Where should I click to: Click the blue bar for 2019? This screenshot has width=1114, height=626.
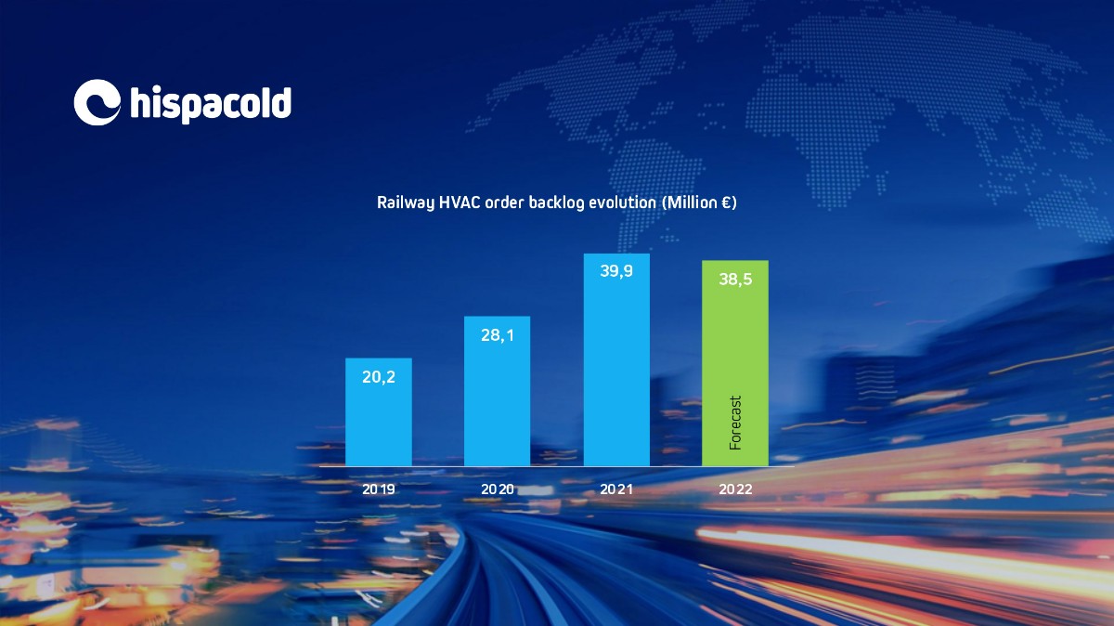click(x=379, y=412)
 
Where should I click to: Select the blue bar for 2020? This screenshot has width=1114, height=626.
click(x=497, y=391)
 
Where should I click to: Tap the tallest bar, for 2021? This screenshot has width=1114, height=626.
click(x=616, y=359)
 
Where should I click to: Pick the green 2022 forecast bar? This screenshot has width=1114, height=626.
click(x=735, y=363)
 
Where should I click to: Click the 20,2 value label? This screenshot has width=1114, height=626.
click(x=379, y=377)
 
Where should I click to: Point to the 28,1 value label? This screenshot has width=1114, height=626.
click(x=498, y=335)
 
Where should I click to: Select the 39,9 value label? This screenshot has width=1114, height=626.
click(x=616, y=271)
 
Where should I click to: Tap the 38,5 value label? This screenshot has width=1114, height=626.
click(x=735, y=280)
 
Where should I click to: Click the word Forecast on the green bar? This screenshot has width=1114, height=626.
click(x=735, y=423)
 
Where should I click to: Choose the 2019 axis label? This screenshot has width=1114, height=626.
click(x=379, y=489)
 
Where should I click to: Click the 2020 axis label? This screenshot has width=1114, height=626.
click(x=498, y=489)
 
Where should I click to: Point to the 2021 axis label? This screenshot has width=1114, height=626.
click(x=616, y=489)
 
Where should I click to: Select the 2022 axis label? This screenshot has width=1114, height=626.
click(x=735, y=489)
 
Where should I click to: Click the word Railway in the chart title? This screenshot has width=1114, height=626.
click(x=406, y=203)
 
